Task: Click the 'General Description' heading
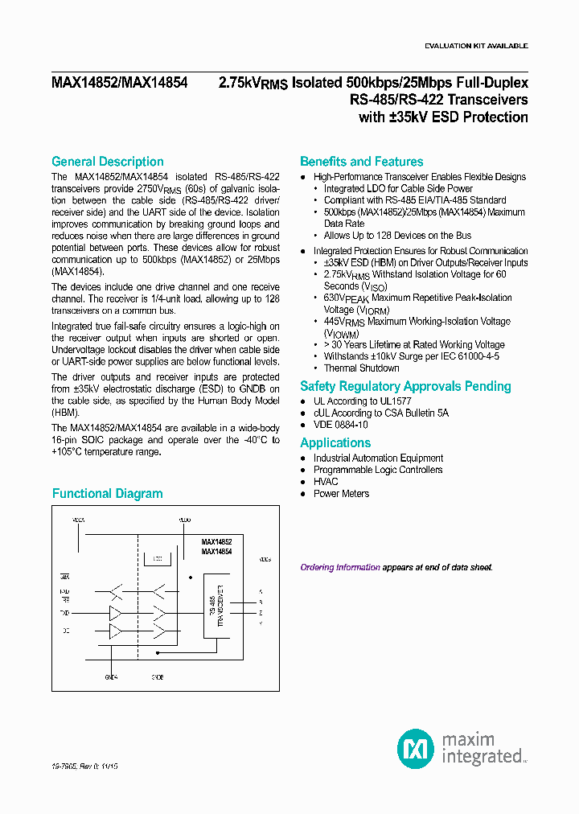(107, 162)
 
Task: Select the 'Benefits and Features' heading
(361, 162)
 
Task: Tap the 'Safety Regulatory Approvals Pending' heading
(405, 386)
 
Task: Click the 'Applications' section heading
(335, 443)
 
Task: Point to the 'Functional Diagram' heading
(107, 494)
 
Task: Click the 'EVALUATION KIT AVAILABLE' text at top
(476, 47)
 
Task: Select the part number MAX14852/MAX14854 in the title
(119, 83)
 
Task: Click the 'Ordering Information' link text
(340, 567)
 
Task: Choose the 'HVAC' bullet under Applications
(326, 482)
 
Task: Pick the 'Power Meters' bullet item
(341, 494)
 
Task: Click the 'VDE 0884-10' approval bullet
(340, 425)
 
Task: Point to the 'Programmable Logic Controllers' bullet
(378, 470)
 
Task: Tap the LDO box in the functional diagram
(157, 557)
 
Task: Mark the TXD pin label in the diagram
(65, 613)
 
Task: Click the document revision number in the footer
(84, 768)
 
